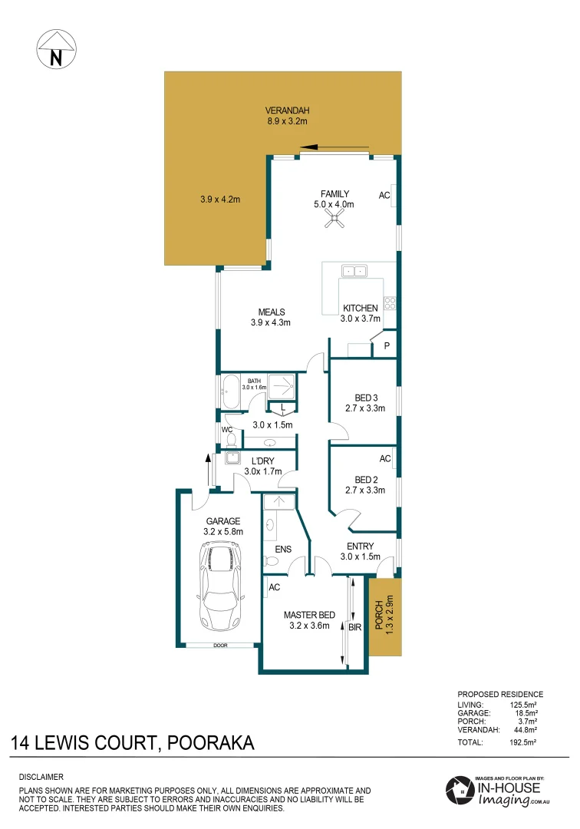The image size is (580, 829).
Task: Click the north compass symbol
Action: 56,49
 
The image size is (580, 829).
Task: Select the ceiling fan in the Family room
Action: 334,221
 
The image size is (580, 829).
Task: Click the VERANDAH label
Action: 287,109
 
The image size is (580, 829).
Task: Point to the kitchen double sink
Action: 354,270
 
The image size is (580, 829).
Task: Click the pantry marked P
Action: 387,346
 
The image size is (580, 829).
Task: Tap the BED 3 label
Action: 365,398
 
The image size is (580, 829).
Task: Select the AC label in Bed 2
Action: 385,459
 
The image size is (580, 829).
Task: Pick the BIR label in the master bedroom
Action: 354,627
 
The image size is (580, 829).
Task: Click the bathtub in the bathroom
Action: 231,394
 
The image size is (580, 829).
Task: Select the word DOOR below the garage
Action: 220,646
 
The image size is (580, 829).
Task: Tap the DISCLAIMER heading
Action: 41,777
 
